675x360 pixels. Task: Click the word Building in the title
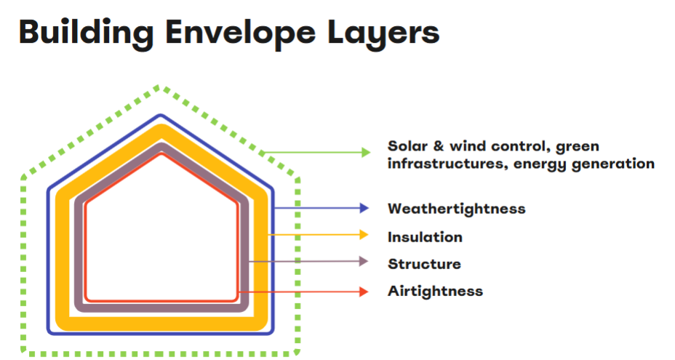pos(86,33)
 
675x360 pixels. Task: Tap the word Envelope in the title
pos(240,33)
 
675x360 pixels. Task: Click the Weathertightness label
pos(456,209)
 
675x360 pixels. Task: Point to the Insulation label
pos(425,237)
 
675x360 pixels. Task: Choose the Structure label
pos(424,263)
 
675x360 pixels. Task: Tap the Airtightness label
pos(435,291)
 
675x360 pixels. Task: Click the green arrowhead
pos(366,153)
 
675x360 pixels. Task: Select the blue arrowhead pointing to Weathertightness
pos(364,209)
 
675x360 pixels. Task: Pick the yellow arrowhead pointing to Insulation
pos(364,235)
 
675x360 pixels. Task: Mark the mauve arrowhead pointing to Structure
pos(364,261)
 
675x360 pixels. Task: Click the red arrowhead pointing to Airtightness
pos(364,292)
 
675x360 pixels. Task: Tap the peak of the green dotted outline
pos(160,87)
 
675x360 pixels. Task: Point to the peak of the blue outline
pos(161,115)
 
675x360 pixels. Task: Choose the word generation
pos(613,164)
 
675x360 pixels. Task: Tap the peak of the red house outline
pos(162,154)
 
